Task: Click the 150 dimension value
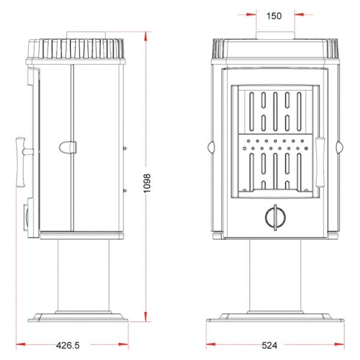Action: click(274, 16)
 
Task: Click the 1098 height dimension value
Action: click(146, 184)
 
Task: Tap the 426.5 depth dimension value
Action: click(68, 346)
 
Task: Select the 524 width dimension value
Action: click(269, 346)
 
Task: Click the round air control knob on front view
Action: click(275, 217)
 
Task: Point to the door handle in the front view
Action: click(320, 163)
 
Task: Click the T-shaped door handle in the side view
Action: click(23, 163)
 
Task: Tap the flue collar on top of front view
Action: click(275, 35)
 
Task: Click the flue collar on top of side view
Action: click(86, 35)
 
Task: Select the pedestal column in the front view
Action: click(275, 275)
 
